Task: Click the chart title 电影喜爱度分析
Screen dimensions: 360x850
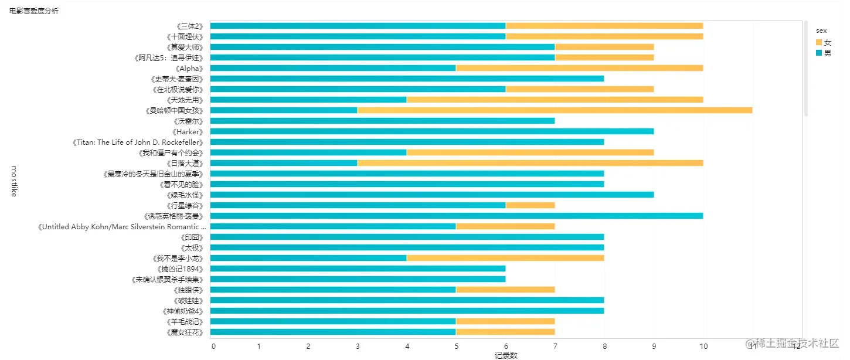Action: [33, 11]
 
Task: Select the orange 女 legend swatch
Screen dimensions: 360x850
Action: [819, 42]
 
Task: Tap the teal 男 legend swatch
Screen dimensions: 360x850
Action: [819, 53]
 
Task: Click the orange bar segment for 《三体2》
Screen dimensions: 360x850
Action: [604, 26]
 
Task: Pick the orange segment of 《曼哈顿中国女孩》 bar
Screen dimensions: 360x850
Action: [555, 110]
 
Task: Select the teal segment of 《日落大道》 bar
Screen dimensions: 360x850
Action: [284, 163]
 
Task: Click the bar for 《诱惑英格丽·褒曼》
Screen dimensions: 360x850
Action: [456, 216]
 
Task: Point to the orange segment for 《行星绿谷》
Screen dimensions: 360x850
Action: [530, 205]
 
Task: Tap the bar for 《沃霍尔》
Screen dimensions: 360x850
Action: [382, 121]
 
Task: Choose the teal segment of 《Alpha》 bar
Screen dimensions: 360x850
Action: [333, 68]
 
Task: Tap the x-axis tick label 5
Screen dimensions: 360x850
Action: [456, 346]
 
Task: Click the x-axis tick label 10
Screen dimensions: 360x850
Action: [703, 346]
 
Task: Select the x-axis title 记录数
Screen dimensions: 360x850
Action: [505, 355]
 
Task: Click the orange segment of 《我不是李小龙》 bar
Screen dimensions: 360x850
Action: [505, 258]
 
